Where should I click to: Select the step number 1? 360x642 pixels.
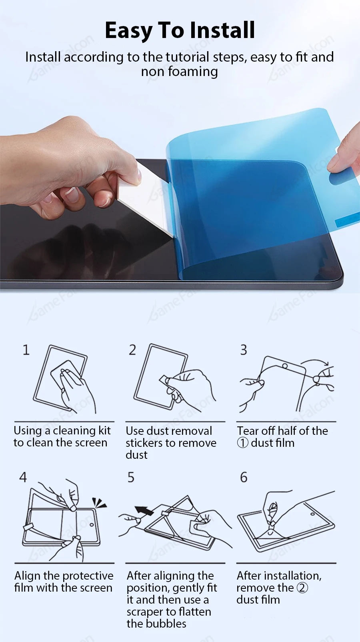tap(26, 350)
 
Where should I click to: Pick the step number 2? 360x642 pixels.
tap(132, 350)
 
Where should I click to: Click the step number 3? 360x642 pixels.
tap(244, 350)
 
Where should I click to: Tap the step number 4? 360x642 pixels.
tap(23, 477)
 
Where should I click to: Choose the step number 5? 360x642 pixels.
tap(131, 477)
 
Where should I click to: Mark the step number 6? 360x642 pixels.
tap(244, 477)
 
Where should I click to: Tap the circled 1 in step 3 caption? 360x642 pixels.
tap(242, 443)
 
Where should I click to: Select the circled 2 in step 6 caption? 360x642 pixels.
tap(302, 588)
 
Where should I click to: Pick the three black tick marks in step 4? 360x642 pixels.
tap(99, 503)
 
